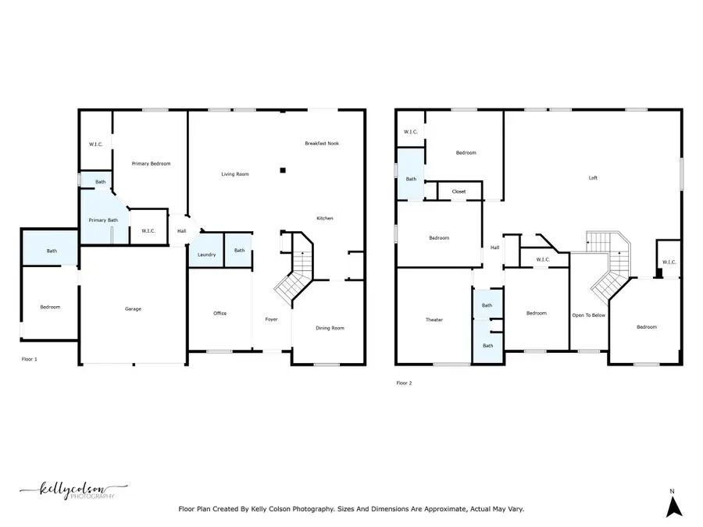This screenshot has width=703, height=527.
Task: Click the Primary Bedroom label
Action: [151, 164]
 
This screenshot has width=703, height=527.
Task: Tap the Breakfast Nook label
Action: [322, 144]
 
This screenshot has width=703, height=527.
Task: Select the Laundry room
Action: [206, 255]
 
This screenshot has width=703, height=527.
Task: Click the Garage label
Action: [134, 309]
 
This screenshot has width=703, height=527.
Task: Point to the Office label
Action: [220, 314]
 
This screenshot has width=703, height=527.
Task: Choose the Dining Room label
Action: [330, 328]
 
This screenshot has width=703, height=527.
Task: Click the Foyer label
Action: [271, 319]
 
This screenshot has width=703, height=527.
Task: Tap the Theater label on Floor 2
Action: [434, 320]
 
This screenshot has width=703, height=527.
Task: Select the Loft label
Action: [593, 178]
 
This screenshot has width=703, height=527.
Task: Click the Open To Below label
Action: [589, 315]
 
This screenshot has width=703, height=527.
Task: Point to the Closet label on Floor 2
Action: [459, 191]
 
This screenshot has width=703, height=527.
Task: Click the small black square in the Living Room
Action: [284, 169]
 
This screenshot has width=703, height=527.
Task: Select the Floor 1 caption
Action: [29, 359]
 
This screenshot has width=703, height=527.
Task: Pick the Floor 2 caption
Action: [404, 383]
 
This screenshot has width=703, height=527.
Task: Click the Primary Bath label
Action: [102, 220]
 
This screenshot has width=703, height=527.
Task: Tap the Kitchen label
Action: [324, 219]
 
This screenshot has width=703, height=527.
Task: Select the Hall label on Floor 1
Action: [181, 231]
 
